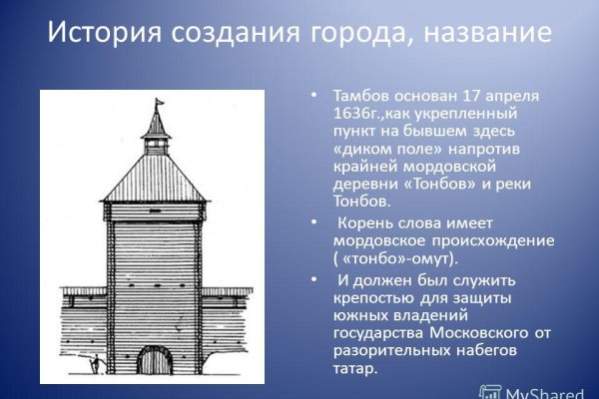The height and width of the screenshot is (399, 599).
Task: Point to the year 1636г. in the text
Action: (x=351, y=114)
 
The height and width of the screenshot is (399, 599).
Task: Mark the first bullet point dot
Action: (x=314, y=96)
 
